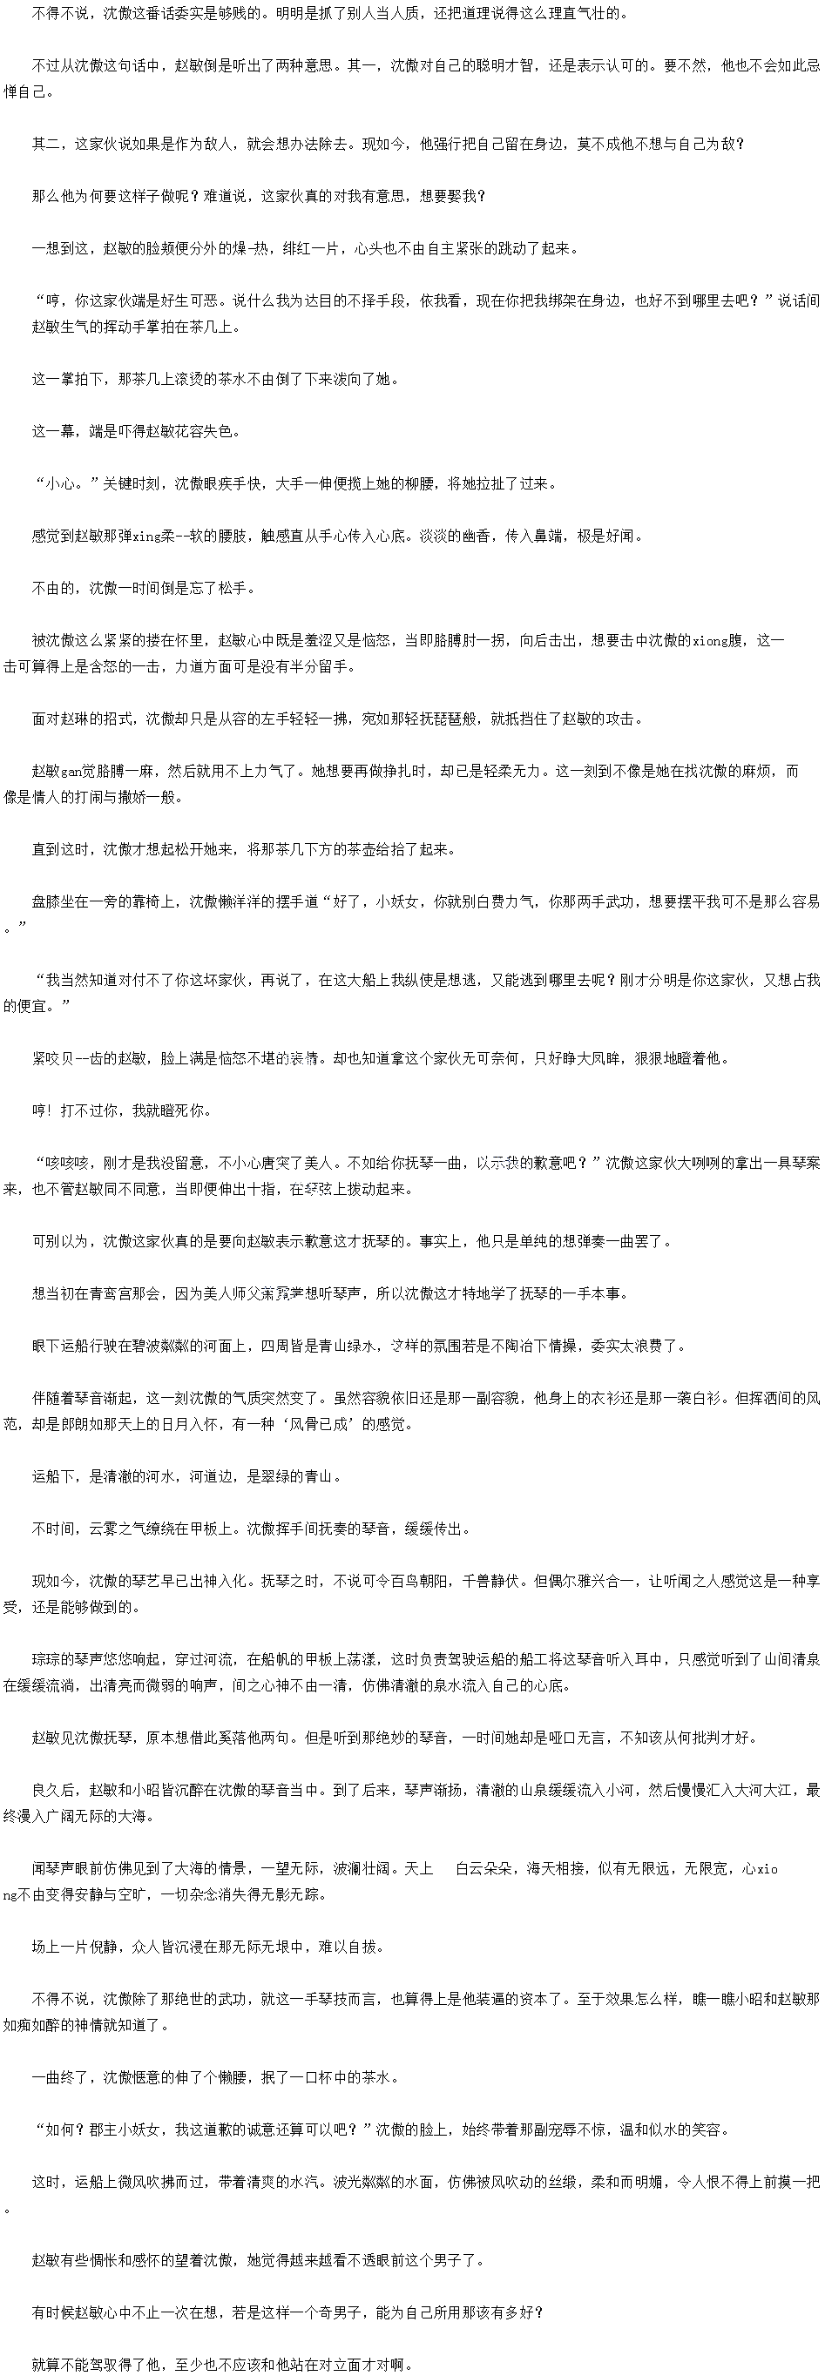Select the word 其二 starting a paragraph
click(x=46, y=144)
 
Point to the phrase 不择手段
click(x=369, y=300)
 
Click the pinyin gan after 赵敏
click(x=71, y=771)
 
